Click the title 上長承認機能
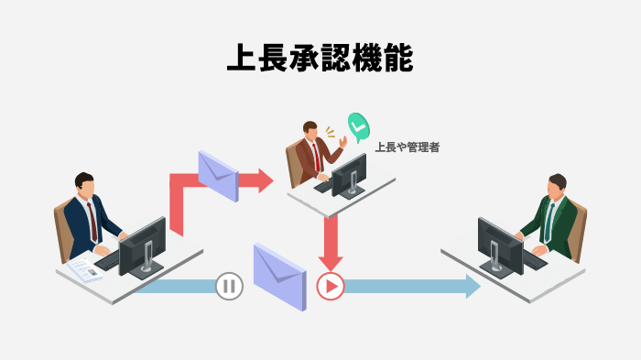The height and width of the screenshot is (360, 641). click(320, 58)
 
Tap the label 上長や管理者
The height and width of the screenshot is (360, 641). click(407, 146)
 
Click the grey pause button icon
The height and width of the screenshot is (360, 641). click(229, 287)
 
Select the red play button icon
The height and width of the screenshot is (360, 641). click(330, 287)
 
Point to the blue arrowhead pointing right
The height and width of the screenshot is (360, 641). click(471, 287)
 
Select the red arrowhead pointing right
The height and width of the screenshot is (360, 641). click(265, 180)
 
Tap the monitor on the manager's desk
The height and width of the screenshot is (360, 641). click(349, 172)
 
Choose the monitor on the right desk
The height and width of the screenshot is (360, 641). click(500, 242)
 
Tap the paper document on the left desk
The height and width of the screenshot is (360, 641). click(85, 269)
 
